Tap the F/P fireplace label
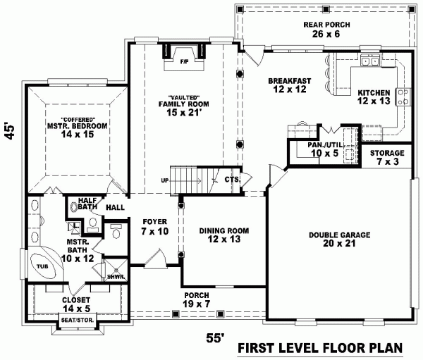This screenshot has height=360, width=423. click(x=185, y=61)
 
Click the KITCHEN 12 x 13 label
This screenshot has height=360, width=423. click(x=374, y=97)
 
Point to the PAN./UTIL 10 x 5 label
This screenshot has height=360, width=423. click(x=324, y=149)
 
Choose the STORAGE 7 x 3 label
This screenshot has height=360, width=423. click(x=387, y=157)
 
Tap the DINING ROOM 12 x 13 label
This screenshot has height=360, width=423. click(x=223, y=235)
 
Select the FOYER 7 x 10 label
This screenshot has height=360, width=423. click(x=155, y=226)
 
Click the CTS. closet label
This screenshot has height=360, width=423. click(x=232, y=180)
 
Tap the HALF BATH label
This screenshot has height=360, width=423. click(x=87, y=204)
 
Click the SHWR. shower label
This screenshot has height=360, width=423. click(x=116, y=276)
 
